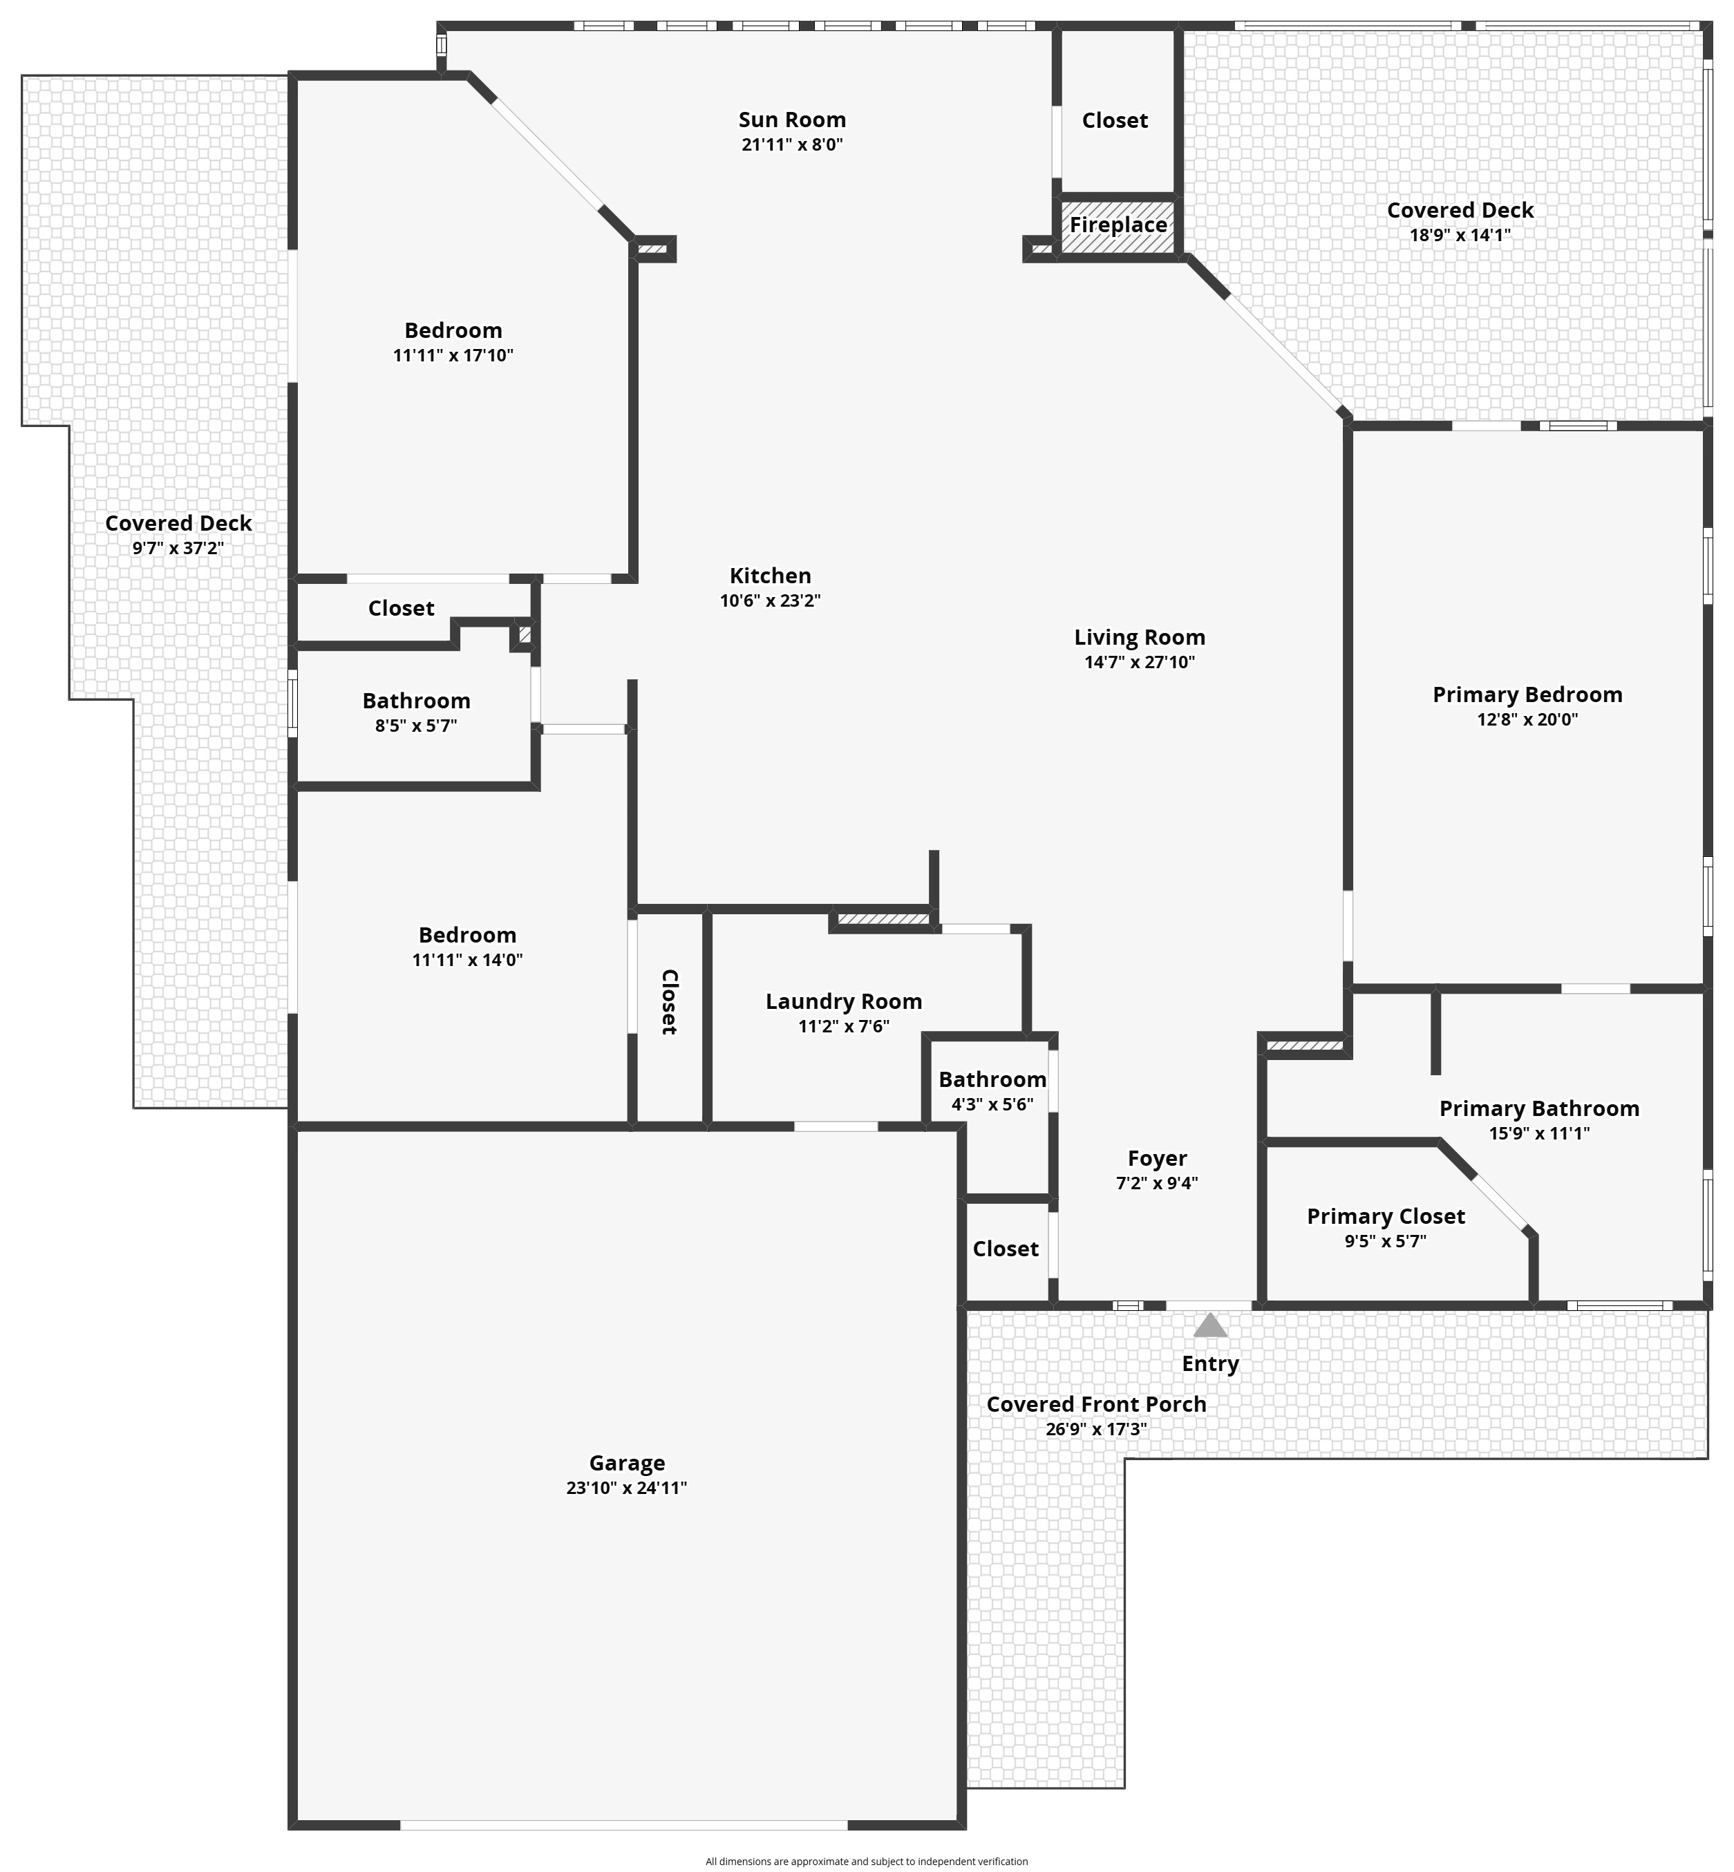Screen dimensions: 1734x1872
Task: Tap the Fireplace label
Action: click(x=1118, y=225)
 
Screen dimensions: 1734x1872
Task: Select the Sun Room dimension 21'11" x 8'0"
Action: click(x=793, y=144)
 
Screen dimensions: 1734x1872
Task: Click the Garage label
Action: click(x=627, y=1463)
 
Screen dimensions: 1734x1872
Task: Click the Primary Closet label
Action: click(x=1386, y=1217)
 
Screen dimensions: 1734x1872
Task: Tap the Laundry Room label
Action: click(x=844, y=1002)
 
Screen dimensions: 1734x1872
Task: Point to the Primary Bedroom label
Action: click(x=1527, y=695)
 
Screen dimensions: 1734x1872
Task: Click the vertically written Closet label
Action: click(x=669, y=1002)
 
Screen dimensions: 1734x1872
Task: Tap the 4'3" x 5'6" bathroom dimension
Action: click(x=992, y=1104)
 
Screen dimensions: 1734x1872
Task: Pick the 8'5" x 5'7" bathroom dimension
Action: click(x=415, y=726)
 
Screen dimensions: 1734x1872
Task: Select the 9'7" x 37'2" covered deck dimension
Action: click(x=178, y=548)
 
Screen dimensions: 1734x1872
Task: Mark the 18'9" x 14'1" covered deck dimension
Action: click(x=1460, y=234)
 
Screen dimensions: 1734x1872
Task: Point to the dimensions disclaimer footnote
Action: click(x=867, y=1862)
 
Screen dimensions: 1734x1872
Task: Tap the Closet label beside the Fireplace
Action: click(x=1115, y=120)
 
